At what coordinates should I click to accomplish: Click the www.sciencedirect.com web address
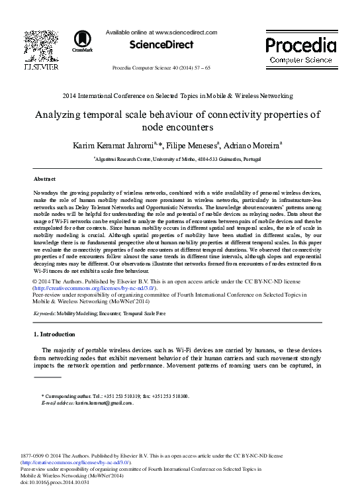pos(185,31)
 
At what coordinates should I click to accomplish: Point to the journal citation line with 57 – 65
pos(171,68)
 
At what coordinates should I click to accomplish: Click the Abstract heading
pos(45,179)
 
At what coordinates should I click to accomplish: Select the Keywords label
pos(47,311)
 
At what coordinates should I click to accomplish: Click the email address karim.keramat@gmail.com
pos(104,402)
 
